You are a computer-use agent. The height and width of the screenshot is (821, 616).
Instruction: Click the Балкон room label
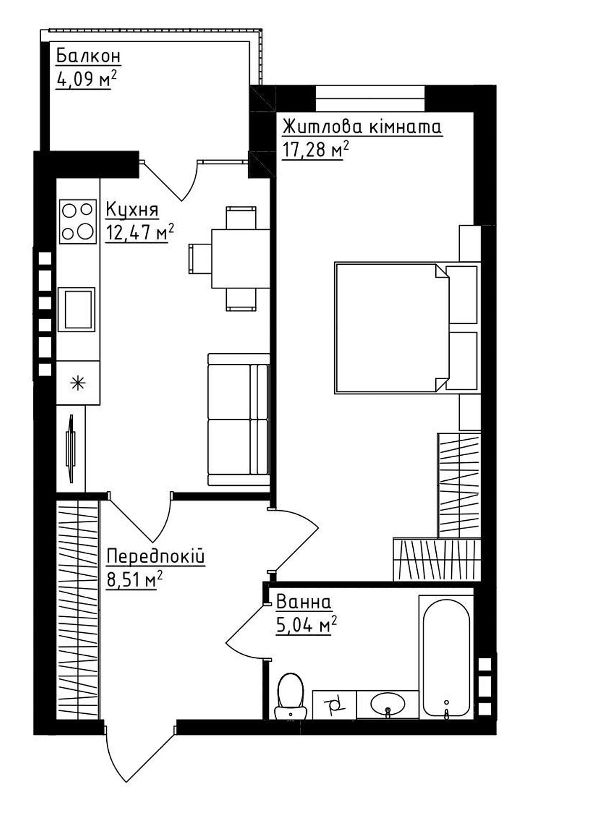point(88,56)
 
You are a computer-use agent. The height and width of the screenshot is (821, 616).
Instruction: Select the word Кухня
point(132,210)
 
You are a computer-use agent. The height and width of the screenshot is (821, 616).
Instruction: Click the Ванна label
point(303,602)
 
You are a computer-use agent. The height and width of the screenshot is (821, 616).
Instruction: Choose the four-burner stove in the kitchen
point(78,222)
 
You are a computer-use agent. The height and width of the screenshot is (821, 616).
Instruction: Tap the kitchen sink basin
point(76,308)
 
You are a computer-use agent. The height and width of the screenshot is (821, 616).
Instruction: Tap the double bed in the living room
point(408,328)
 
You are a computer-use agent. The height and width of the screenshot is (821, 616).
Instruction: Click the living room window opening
point(370,99)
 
